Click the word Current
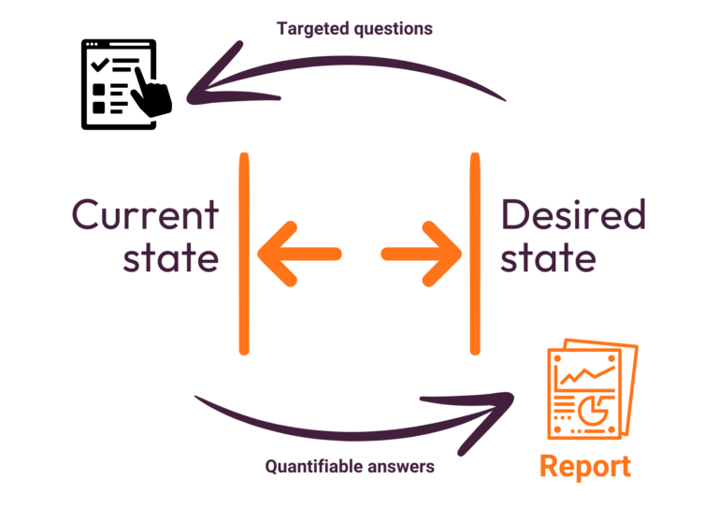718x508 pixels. tap(145, 215)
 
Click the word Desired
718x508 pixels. tap(572, 215)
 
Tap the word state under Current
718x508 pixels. tap(170, 258)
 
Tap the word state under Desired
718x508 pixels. tap(547, 258)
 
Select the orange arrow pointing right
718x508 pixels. tap(423, 254)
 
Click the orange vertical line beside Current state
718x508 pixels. tap(244, 254)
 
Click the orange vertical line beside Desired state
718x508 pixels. tap(475, 254)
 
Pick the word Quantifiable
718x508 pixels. tap(310, 465)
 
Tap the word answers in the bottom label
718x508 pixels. tap(404, 465)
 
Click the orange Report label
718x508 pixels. tap(584, 466)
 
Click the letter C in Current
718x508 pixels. tap(87, 215)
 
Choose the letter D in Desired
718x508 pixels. tap(513, 215)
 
